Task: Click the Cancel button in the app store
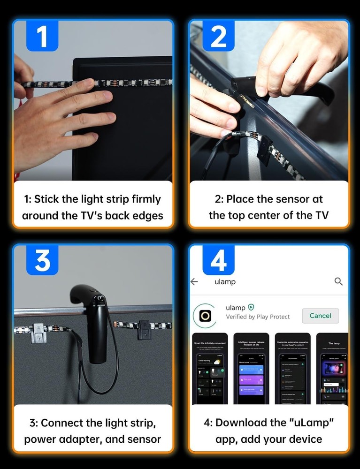point(320,316)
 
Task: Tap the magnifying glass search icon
point(338,281)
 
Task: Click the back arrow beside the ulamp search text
point(194,281)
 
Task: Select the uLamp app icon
point(205,316)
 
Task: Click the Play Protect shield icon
point(251,308)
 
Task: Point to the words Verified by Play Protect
point(258,317)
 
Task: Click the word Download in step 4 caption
point(240,423)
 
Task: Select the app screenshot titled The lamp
point(334,368)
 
